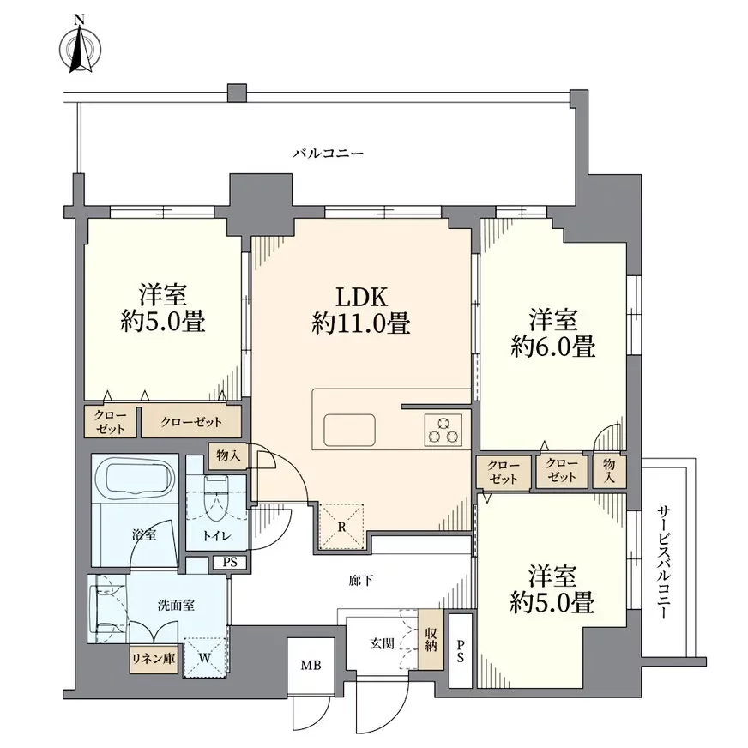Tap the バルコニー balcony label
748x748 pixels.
coord(329,154)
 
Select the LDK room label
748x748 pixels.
coord(362,297)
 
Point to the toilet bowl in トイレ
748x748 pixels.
coord(216,498)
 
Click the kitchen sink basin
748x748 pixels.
coord(349,430)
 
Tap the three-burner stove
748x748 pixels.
coord(443,430)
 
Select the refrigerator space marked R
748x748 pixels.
coord(341,526)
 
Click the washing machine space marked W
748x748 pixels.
coord(205,658)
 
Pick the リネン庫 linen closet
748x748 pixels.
coord(154,660)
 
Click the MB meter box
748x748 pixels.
coord(311,664)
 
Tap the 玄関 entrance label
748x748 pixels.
coord(382,644)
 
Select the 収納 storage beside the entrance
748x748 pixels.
coord(431,639)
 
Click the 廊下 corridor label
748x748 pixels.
coord(360,581)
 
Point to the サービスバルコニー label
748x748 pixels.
coord(664,563)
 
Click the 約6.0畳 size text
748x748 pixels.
coord(553,347)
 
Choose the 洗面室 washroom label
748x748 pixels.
coord(176,606)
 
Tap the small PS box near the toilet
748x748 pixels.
coord(230,563)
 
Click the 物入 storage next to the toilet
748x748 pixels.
coord(228,456)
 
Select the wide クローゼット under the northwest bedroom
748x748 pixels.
coord(191,422)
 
